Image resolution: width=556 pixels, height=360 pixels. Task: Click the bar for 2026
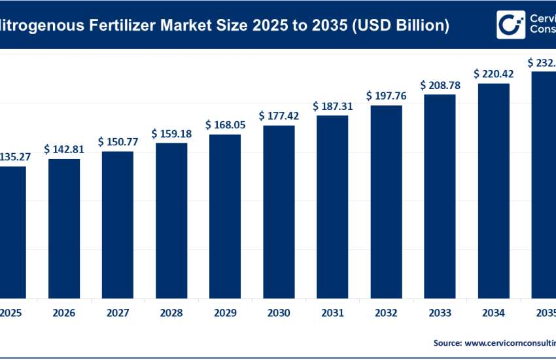[64, 228]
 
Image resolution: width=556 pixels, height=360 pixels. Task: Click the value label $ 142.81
[64, 149]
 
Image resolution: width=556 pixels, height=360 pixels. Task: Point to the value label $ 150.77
[118, 141]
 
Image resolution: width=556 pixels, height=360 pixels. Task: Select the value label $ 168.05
[225, 124]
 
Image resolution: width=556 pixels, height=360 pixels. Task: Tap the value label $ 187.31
[332, 105]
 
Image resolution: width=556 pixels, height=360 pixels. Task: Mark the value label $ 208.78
[440, 84]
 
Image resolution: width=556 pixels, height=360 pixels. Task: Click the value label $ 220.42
[493, 73]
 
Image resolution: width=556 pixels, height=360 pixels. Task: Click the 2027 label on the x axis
[118, 314]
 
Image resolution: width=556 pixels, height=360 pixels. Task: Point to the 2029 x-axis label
[225, 314]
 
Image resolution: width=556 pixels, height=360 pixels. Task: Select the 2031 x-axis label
[332, 314]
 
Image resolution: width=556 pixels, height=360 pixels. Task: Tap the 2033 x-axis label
[440, 314]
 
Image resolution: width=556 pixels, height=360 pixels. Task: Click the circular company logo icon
[508, 25]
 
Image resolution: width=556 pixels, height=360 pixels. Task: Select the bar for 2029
[225, 216]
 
